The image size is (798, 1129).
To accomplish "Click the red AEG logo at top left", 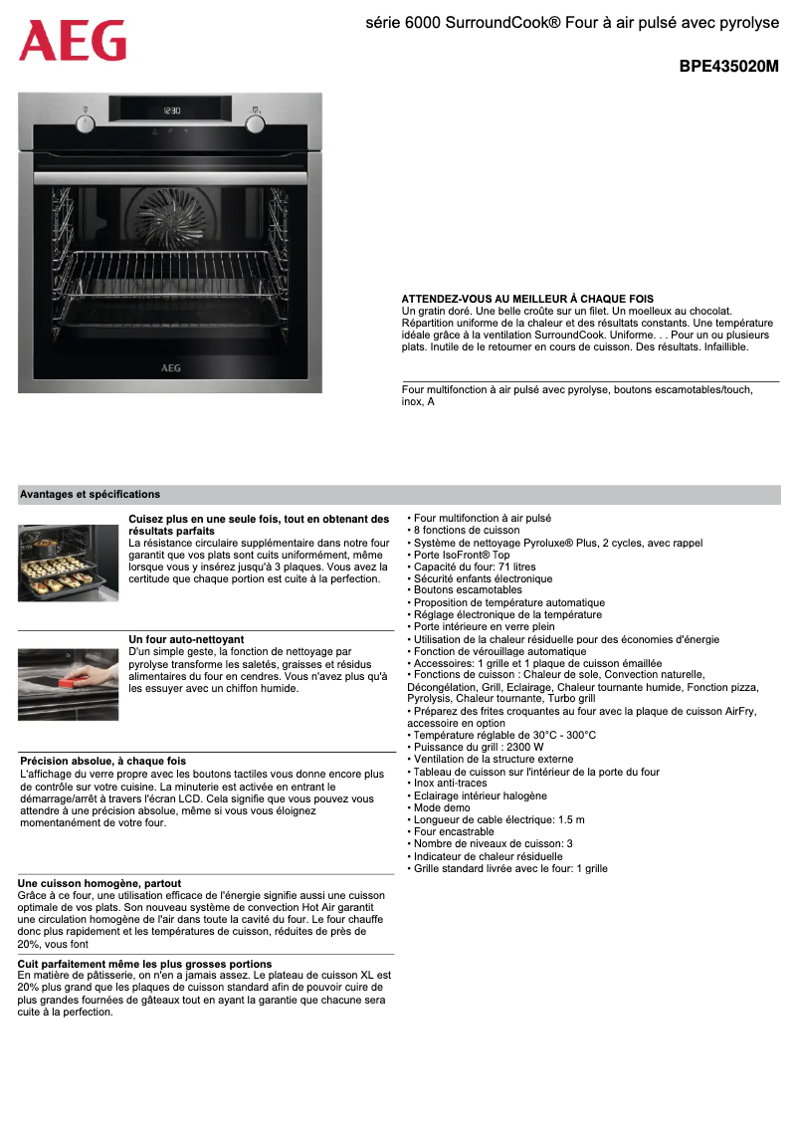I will click(73, 41).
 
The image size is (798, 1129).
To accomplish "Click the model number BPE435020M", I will click(728, 67).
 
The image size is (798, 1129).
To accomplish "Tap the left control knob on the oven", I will click(86, 122).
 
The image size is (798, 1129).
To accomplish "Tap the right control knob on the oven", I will click(256, 122).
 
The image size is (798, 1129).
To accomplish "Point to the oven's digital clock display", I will click(171, 111).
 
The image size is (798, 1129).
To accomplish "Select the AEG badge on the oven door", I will click(171, 366).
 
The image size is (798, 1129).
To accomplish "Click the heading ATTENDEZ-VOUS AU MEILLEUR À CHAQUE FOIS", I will click(527, 299).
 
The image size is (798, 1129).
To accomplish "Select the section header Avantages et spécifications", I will click(90, 494).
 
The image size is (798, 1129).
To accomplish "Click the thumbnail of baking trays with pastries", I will click(68, 563).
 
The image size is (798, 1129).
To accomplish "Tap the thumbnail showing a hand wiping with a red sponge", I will click(68, 684).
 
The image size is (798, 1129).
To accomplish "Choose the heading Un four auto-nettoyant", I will click(186, 639).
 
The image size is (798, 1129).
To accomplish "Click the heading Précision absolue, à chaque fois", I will click(102, 761).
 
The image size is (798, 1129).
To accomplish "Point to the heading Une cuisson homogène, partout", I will click(100, 883).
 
